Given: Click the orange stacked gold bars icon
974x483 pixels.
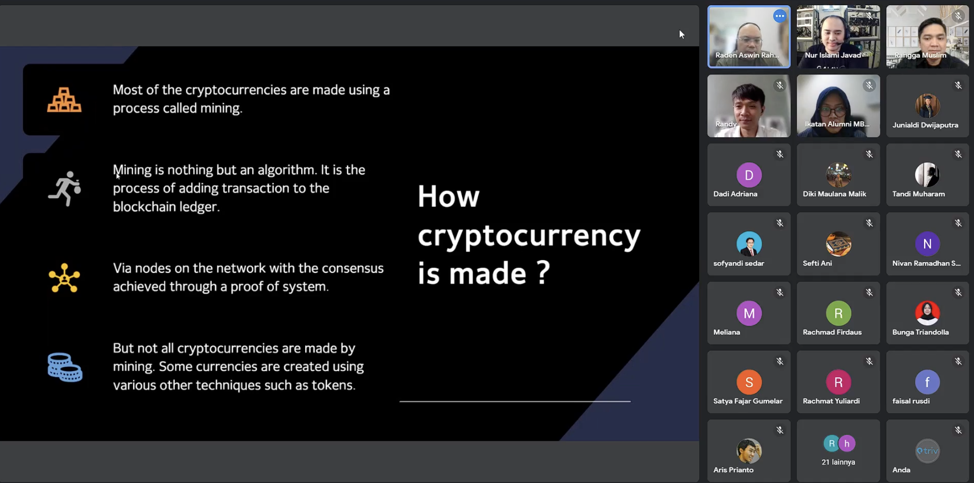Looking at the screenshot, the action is point(64,100).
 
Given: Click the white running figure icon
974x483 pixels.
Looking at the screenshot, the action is point(65,189).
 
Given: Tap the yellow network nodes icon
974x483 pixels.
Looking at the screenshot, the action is point(64,278).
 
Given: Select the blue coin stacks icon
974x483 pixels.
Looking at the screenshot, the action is point(65,367).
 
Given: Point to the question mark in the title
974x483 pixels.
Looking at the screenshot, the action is point(543,272).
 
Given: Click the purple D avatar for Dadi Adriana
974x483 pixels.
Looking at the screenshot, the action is point(749,175).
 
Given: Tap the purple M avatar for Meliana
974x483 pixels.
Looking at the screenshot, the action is point(749,313).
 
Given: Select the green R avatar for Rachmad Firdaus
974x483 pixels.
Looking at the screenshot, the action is point(838,313).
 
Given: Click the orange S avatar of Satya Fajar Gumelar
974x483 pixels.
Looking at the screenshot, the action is point(749,382).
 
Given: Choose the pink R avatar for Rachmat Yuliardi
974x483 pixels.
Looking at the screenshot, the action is point(838,382).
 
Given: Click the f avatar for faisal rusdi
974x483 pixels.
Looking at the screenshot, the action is point(927,382).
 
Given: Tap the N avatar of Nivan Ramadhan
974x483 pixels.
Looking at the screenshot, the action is point(927,244).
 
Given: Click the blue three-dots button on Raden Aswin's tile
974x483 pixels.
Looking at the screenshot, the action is point(779,16).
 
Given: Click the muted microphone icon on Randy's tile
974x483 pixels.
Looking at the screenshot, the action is point(780,85).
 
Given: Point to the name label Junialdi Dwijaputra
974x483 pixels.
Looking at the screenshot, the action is point(925,125).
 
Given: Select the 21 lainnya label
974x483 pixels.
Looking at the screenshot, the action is point(838,462).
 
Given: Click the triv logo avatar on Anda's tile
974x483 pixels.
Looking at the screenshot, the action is point(927,451).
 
